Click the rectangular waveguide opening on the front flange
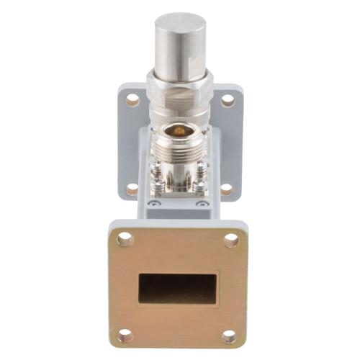179,288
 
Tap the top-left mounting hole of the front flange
125,240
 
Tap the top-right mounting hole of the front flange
231,240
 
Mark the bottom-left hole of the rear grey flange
132,189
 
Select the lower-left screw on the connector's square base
156,189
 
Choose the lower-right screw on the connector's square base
203,189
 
